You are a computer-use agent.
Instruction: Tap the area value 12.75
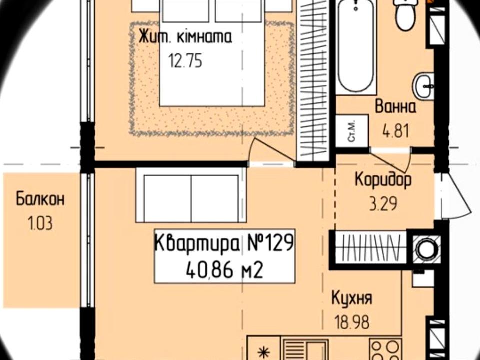(x=185, y=61)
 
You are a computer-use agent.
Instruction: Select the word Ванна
(x=395, y=107)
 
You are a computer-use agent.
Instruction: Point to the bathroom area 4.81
(x=396, y=132)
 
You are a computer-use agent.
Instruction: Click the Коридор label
(x=383, y=180)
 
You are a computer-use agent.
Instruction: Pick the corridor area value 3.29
(x=383, y=204)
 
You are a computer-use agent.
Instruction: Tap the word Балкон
(x=40, y=199)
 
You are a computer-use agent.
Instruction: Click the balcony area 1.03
(x=40, y=223)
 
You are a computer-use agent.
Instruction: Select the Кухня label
(x=352, y=298)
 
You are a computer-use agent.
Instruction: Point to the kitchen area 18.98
(x=352, y=322)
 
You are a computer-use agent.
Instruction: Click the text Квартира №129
(x=224, y=243)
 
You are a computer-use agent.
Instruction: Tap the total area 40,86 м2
(x=224, y=270)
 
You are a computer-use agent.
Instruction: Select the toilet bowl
(x=406, y=14)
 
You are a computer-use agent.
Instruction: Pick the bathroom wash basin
(x=424, y=86)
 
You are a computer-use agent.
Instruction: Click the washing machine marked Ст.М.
(x=352, y=131)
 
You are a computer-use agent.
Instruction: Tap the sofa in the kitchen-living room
(x=191, y=195)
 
